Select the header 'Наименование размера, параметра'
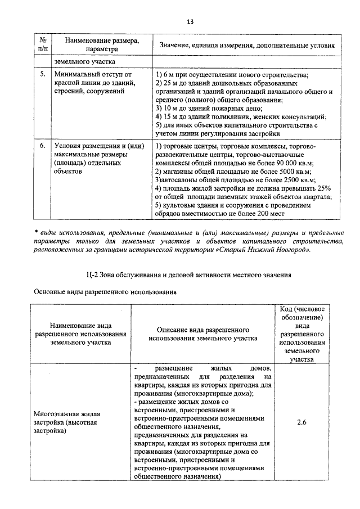[101, 45]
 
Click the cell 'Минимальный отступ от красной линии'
[93, 82]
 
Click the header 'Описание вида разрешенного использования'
[203, 334]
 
